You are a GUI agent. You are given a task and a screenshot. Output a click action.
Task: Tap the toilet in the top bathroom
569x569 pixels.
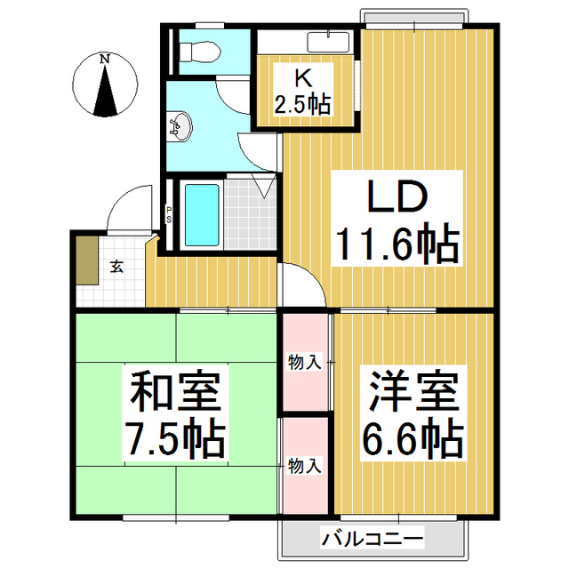pos(196,52)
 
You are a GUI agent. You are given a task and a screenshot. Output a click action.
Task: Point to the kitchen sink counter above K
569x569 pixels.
pos(330,41)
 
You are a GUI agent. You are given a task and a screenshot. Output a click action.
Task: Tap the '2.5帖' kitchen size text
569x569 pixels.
pos(302,104)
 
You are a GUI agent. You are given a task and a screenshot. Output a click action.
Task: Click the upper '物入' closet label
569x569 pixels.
pos(304,362)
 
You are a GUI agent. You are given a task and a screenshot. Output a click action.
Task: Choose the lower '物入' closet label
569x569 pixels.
pos(304,464)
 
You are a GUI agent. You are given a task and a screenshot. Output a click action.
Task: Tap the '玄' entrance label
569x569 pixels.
pos(116,266)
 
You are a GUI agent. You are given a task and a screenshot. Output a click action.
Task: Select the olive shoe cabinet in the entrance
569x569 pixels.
pos(86,258)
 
